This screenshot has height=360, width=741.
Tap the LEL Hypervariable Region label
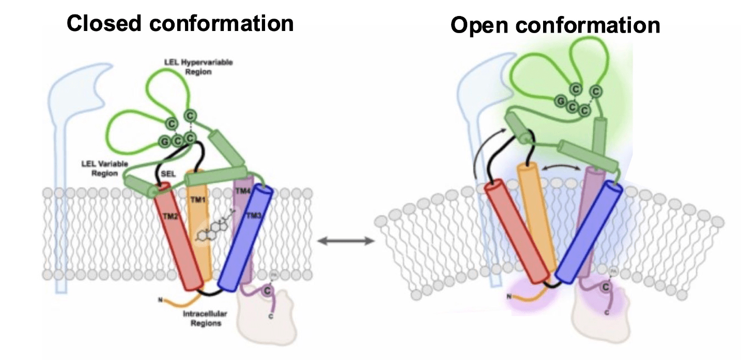(199, 67)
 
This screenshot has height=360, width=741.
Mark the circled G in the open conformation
(559, 101)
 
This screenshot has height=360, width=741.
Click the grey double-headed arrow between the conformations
(346, 241)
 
